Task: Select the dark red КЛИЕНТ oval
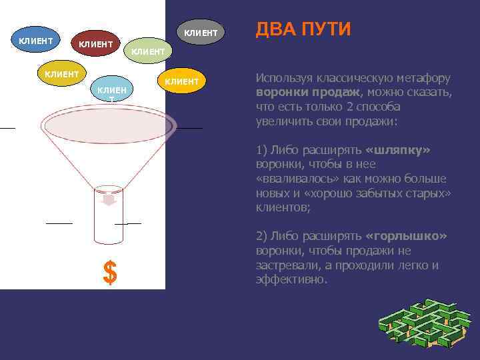pos(95,45)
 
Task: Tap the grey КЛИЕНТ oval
pos(201,32)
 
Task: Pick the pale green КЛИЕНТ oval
pos(148,51)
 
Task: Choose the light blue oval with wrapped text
pos(111,92)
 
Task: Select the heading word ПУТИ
pos(326,29)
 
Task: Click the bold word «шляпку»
pos(398,150)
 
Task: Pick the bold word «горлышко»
pos(406,237)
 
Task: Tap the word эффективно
pos(291,280)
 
